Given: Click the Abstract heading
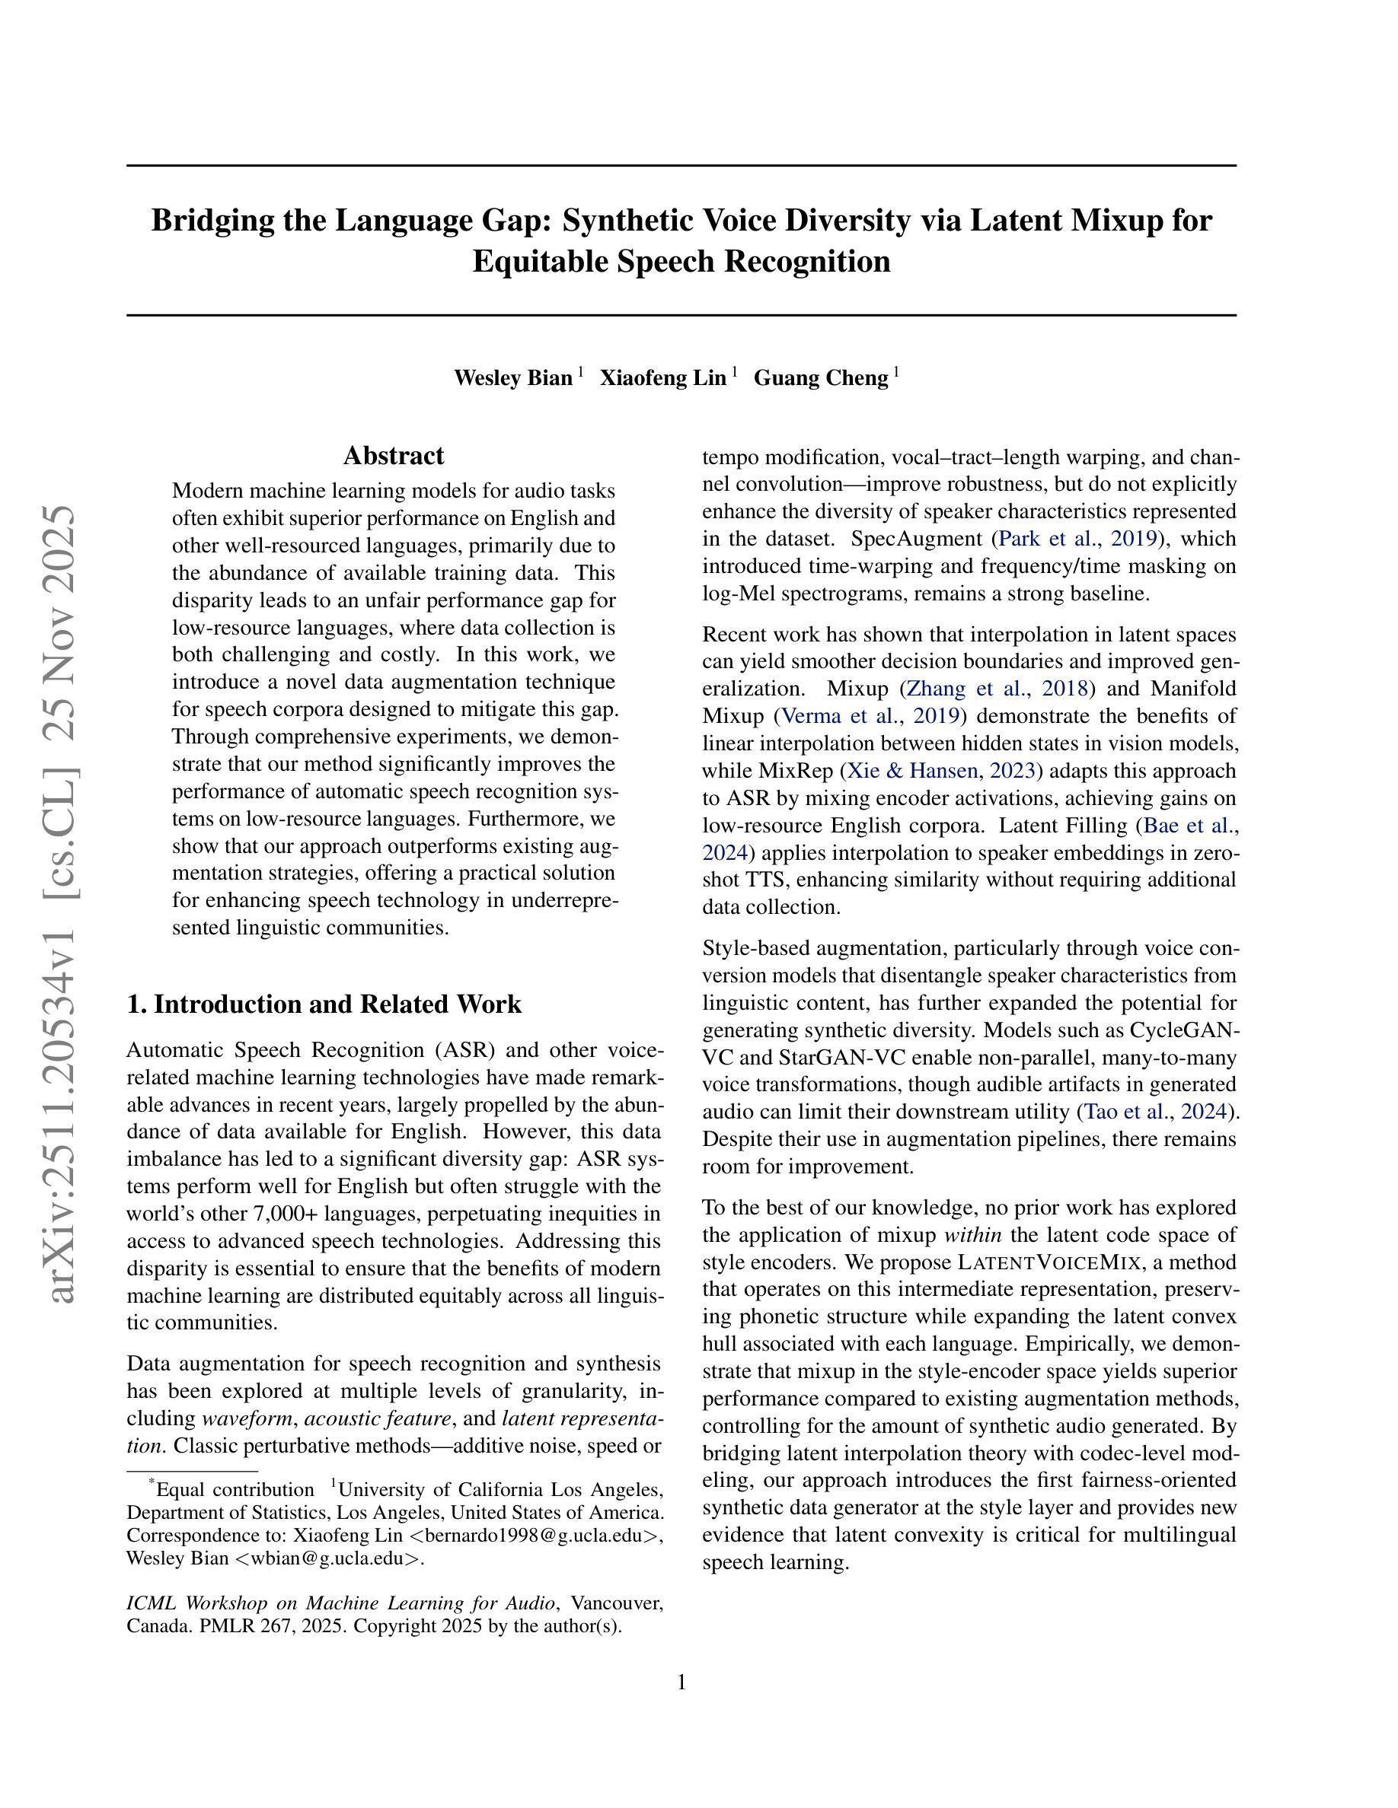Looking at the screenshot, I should pos(394,456).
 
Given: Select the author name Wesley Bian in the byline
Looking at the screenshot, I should pos(512,378).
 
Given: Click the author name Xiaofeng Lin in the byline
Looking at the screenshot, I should pos(662,378).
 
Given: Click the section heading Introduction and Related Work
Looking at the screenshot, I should pos(324,1004).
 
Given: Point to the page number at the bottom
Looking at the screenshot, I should pos(681,1682).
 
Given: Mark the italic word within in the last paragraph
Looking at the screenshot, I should pos(973,1235).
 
